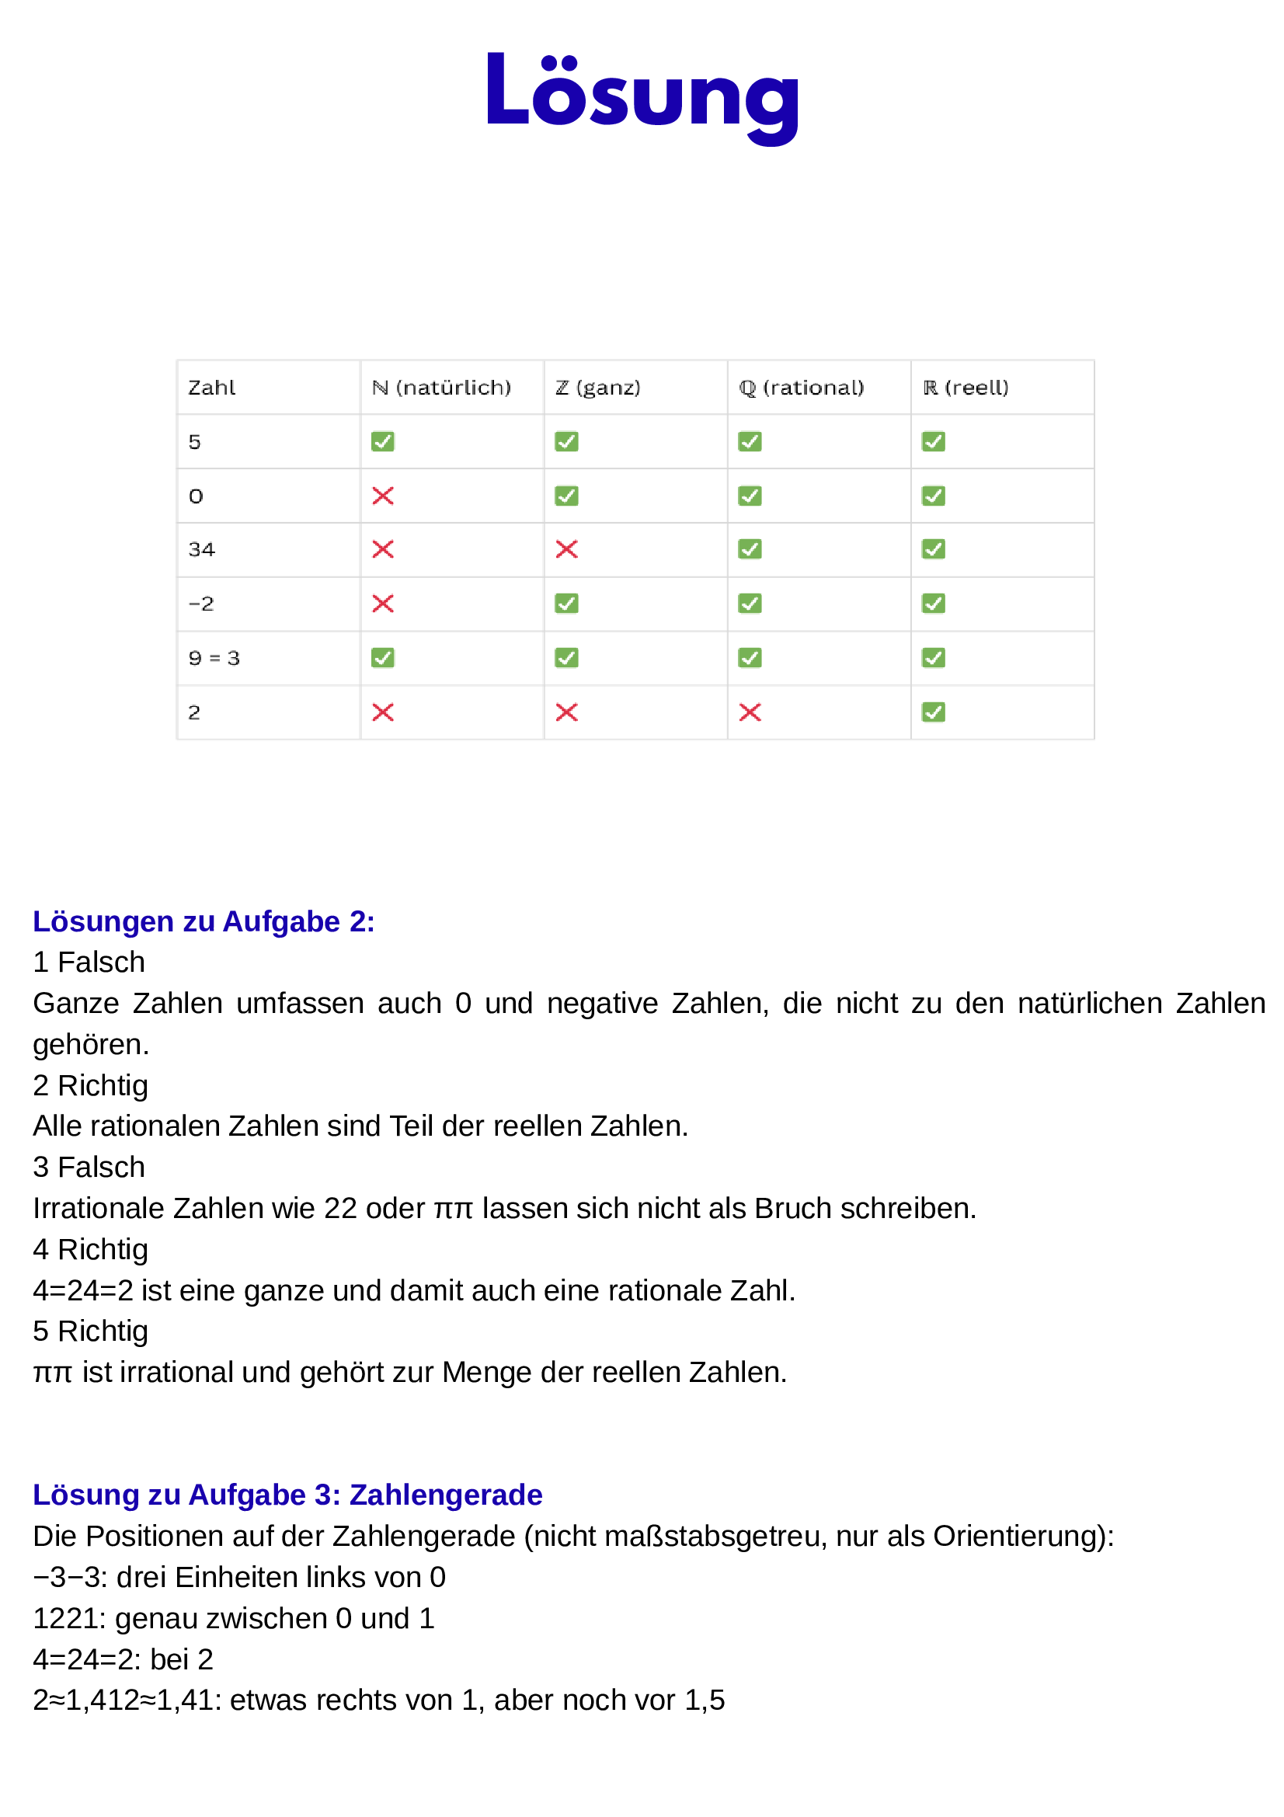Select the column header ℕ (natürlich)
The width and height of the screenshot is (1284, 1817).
[x=441, y=388]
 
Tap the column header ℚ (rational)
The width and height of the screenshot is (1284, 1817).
[x=802, y=388]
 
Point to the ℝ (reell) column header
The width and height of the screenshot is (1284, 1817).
[x=966, y=388]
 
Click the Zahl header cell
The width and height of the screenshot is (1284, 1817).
[x=212, y=388]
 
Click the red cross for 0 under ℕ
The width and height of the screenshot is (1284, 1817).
[x=383, y=496]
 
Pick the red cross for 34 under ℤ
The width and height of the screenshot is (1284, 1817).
[x=566, y=549]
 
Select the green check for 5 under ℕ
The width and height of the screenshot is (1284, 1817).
[x=383, y=441]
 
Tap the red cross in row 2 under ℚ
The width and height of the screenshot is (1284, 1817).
[x=750, y=712]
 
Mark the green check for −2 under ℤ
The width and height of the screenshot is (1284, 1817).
[x=566, y=604]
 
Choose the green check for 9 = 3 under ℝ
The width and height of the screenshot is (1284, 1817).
[x=934, y=658]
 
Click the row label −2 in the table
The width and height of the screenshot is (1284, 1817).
[x=201, y=604]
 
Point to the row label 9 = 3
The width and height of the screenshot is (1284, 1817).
[x=214, y=658]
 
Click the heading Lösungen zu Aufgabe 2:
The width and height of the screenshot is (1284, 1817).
[x=204, y=922]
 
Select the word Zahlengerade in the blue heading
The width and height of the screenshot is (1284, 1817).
[x=446, y=1495]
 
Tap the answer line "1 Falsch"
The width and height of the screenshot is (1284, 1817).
[x=89, y=962]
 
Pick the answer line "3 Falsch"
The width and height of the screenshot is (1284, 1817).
[x=89, y=1168]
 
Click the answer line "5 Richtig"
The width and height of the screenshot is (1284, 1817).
[x=90, y=1331]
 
